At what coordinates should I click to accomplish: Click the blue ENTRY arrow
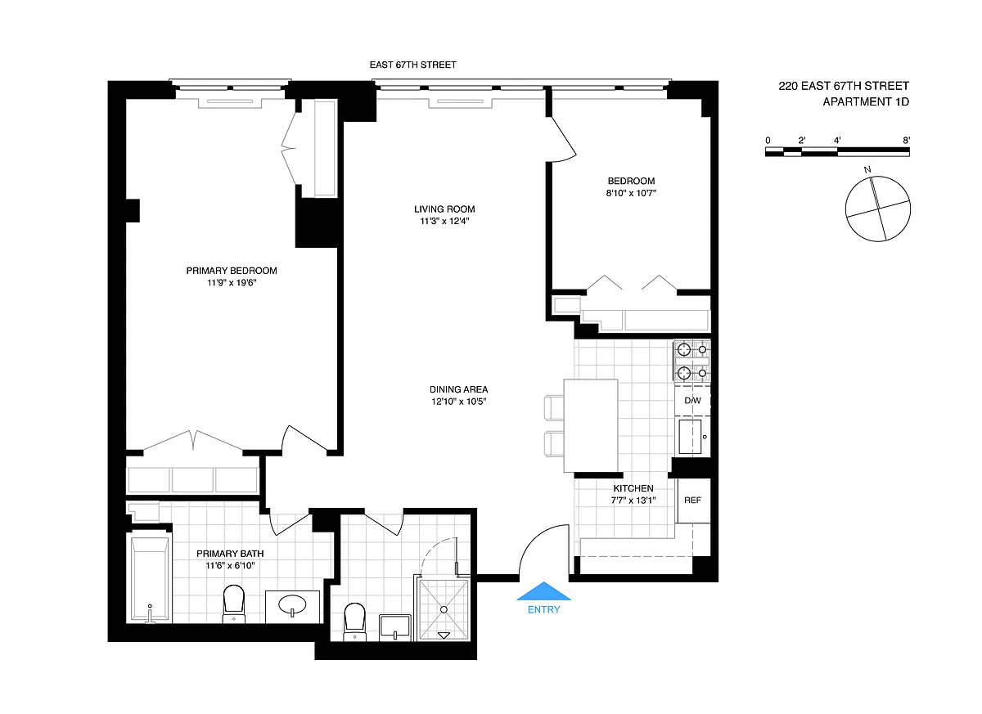pos(543,591)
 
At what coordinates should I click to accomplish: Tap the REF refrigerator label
pos(692,501)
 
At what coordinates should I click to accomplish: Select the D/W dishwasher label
pos(692,401)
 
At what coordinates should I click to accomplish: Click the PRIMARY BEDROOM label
pos(232,271)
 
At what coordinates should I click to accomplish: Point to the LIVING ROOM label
pos(444,209)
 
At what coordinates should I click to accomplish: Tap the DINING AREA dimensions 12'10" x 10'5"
pos(458,402)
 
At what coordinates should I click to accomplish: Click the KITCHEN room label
pos(633,488)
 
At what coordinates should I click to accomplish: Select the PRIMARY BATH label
pos(230,554)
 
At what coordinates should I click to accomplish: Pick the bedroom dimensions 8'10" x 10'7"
pos(631,193)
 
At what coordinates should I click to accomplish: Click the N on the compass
pos(867,169)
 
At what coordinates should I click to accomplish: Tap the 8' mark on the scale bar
pos(906,140)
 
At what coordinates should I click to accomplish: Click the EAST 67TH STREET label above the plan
pos(413,65)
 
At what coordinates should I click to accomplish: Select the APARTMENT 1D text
pos(866,101)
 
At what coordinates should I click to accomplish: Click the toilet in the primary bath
pos(234,604)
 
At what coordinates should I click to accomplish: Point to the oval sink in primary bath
pos(292,605)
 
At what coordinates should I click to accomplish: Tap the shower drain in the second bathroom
pos(444,610)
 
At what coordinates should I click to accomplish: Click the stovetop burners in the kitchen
pos(692,361)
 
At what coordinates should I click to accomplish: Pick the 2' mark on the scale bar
pos(802,140)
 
